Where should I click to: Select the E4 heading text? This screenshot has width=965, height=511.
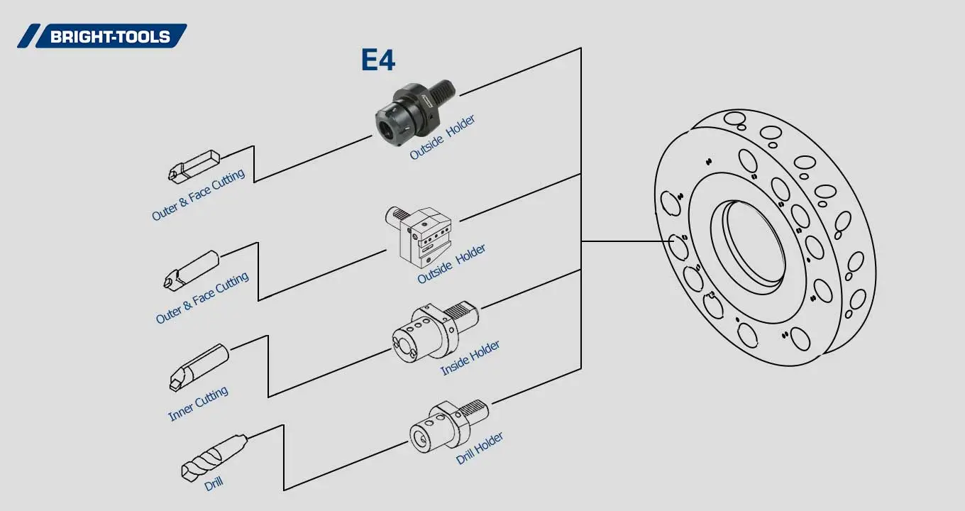click(377, 60)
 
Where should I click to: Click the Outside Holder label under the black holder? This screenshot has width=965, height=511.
click(442, 137)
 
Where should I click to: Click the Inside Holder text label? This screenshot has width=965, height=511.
click(470, 358)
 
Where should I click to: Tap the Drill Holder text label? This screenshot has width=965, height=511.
click(480, 448)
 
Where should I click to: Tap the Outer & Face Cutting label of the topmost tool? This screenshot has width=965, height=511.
click(198, 194)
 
